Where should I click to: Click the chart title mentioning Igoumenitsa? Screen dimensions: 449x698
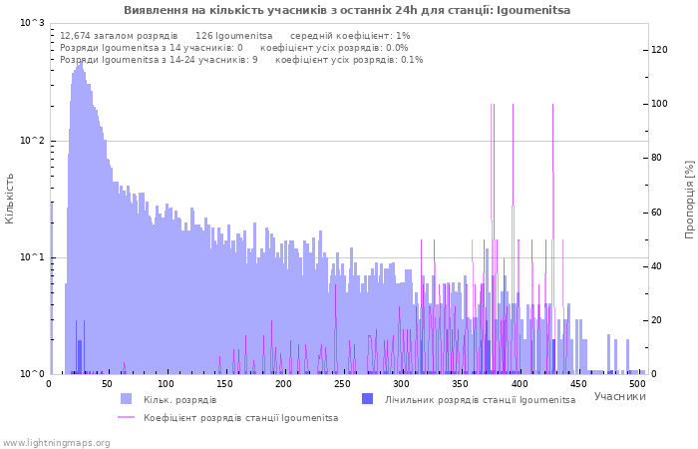[347, 10]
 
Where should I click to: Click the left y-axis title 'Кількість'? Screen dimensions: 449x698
[10, 198]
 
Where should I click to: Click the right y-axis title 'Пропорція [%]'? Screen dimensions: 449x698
[689, 198]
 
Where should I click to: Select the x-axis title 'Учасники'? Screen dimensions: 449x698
[619, 396]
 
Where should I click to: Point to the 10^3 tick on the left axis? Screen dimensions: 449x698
[32, 23]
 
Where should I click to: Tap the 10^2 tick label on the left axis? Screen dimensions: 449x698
[32, 141]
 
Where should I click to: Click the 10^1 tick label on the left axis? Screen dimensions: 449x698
[32, 257]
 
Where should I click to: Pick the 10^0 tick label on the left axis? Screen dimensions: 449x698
[32, 374]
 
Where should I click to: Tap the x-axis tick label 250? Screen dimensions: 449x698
[284, 383]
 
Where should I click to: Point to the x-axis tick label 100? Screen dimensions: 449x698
[167, 383]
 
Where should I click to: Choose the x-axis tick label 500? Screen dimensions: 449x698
[637, 383]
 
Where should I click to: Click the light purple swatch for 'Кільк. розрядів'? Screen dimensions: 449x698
[126, 399]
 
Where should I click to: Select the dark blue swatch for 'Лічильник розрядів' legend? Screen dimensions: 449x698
[367, 399]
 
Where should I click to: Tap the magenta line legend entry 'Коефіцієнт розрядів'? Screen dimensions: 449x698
[126, 417]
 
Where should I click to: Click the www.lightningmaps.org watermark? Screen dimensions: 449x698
[56, 442]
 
